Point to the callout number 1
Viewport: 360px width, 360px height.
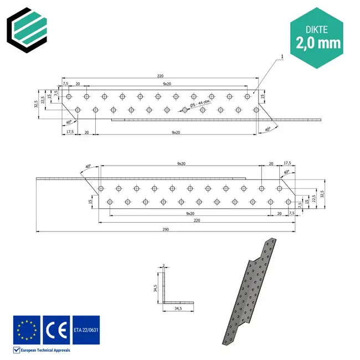pos(282,56)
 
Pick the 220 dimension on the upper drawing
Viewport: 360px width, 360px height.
pos(160,76)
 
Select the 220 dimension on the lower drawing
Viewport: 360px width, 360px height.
pos(197,220)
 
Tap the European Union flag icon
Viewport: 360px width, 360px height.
pos(27,329)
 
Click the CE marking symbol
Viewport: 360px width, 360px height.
pos(56,329)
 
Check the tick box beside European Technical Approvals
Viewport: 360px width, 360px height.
pos(16,350)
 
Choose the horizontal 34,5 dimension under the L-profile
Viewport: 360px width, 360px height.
pos(178,308)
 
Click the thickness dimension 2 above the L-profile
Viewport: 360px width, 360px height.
pos(164,265)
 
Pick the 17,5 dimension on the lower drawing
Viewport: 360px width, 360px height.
pos(286,163)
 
